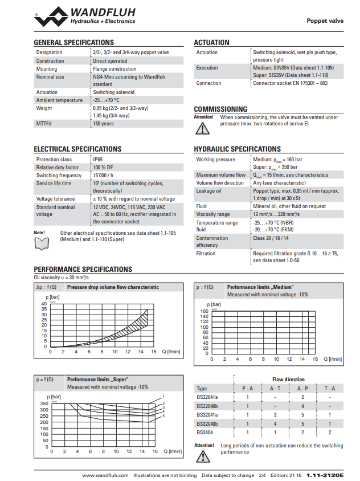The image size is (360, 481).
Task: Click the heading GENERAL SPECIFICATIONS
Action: click(73, 43)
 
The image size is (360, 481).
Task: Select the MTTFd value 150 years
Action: click(103, 123)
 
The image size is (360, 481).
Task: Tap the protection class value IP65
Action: click(97, 160)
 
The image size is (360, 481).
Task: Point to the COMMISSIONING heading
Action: click(220, 109)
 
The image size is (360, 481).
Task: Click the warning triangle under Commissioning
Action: click(202, 128)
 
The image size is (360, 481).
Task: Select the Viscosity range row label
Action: click(213, 214)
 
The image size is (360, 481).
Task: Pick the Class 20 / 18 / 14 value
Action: click(271, 238)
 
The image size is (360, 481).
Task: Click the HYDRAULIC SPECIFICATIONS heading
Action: click(237, 149)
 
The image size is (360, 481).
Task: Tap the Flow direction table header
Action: click(288, 379)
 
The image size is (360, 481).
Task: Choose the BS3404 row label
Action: click(206, 433)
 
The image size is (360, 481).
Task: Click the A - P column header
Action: click(302, 389)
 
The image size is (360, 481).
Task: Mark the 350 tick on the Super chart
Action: click(44, 403)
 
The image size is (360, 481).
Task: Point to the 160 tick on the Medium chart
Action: click(204, 311)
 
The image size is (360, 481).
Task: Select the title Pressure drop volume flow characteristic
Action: click(113, 287)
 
